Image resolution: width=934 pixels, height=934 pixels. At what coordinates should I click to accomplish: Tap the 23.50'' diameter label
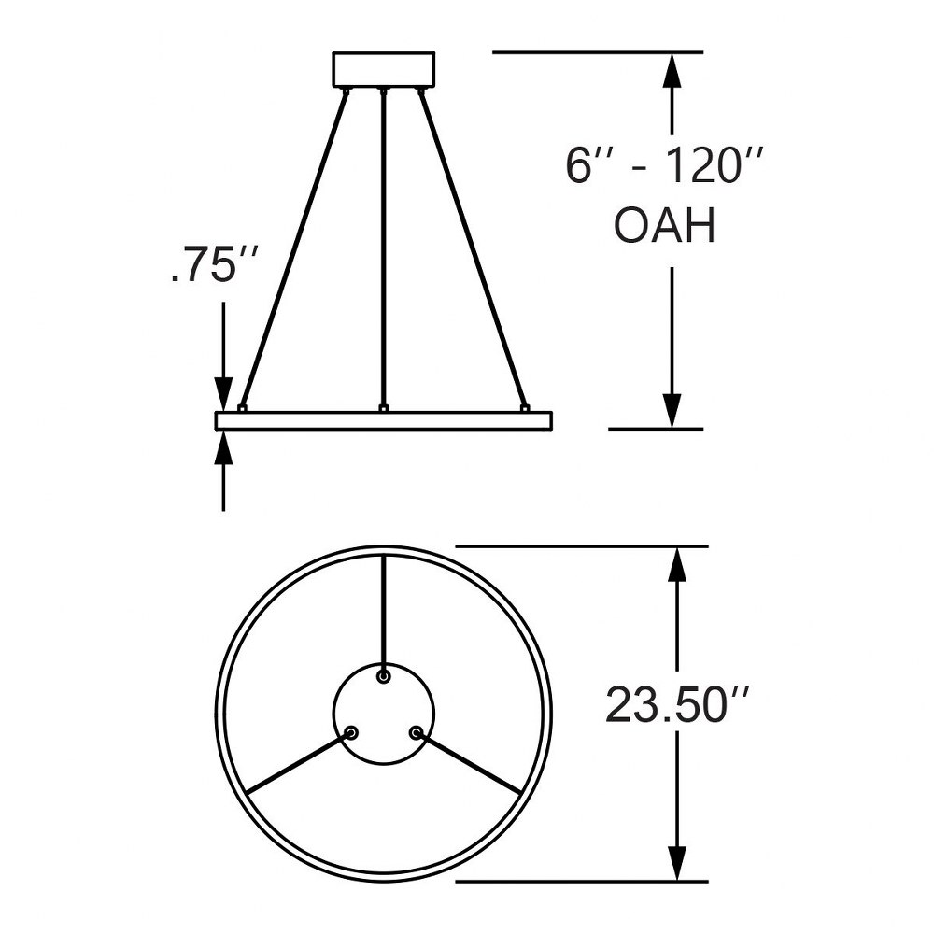point(676,705)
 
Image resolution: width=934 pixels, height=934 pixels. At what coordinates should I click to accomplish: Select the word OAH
point(664,226)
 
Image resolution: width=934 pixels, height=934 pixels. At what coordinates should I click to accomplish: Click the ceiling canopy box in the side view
point(384,70)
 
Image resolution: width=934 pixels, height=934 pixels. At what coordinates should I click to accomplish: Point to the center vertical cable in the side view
point(384,250)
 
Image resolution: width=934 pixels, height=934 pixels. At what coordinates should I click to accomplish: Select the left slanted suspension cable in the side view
point(295,249)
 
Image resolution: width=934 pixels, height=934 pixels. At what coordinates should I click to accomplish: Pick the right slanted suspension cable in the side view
point(473,249)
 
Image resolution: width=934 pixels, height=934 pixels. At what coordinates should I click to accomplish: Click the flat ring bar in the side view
point(384,420)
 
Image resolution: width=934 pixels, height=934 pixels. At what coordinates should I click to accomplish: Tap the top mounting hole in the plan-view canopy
point(384,676)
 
